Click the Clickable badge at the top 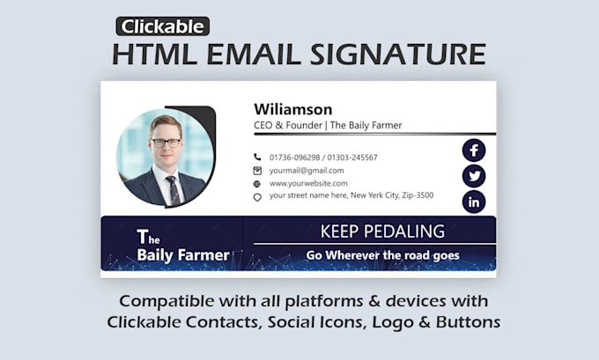point(163,26)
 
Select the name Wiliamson point(293,109)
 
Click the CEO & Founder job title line point(328,126)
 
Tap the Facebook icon point(474,150)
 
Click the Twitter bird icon point(474,176)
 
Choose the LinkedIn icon point(474,202)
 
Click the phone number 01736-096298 point(295,158)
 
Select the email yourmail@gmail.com point(307,171)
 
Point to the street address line point(351,196)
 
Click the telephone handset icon point(257,158)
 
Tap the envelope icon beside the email point(257,171)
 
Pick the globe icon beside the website point(257,184)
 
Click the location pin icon point(257,197)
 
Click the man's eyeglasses point(166,142)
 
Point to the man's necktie point(173,187)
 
